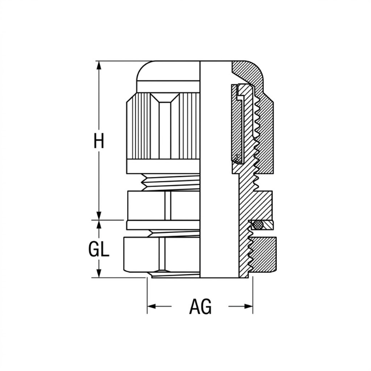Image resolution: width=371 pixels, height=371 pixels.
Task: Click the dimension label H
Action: (x=99, y=141)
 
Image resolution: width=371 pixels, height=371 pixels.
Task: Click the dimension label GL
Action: (x=99, y=249)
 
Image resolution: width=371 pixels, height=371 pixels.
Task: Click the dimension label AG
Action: (x=200, y=306)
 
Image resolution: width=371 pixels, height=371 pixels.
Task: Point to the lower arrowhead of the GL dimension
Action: (x=99, y=273)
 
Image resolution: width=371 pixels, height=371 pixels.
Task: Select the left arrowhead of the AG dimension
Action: (x=152, y=306)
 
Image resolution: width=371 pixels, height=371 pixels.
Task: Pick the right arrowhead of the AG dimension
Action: (x=248, y=306)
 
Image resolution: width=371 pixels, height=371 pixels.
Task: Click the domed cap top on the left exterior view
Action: (x=168, y=71)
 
